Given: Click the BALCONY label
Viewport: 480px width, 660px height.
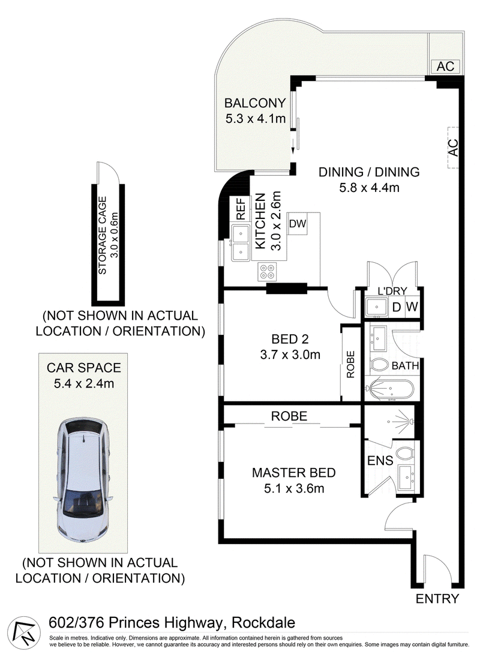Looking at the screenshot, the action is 255,103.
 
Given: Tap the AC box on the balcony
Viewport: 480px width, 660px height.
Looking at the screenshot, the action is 445,66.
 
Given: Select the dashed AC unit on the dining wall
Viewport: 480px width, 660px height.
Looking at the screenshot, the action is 452,148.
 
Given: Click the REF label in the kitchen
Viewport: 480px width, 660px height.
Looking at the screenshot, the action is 241,209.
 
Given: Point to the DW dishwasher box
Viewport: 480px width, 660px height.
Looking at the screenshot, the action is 298,224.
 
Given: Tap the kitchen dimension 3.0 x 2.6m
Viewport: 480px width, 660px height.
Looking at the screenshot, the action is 276,221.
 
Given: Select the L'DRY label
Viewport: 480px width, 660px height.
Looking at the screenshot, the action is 392,291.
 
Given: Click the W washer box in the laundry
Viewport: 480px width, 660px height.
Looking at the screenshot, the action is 412,307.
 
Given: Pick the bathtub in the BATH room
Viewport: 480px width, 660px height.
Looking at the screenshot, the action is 391,390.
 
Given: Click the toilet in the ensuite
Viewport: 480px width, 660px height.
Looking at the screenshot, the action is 405,454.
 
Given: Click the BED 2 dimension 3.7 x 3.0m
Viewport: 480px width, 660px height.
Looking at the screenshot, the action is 290,355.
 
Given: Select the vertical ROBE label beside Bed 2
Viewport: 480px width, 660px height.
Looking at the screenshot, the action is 351,365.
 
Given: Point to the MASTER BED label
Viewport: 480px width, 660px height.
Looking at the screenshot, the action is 294,473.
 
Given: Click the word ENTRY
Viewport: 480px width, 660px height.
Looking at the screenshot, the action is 437,599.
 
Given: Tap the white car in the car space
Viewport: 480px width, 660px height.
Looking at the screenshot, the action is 83,480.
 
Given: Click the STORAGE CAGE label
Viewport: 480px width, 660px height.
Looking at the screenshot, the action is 103,236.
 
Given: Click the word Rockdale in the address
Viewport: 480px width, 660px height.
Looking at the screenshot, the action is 263,623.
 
